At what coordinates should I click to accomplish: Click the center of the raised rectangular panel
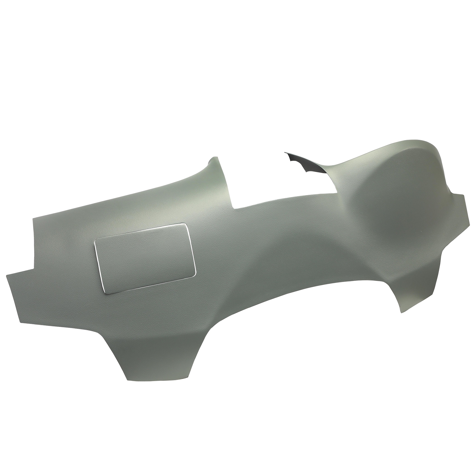tap(145, 259)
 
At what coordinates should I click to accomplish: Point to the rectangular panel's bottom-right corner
tap(195, 272)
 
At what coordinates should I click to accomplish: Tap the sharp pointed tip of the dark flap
tap(285, 153)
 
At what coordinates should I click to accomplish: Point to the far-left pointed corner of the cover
tap(7, 275)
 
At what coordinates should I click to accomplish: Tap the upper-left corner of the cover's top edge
tap(33, 219)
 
